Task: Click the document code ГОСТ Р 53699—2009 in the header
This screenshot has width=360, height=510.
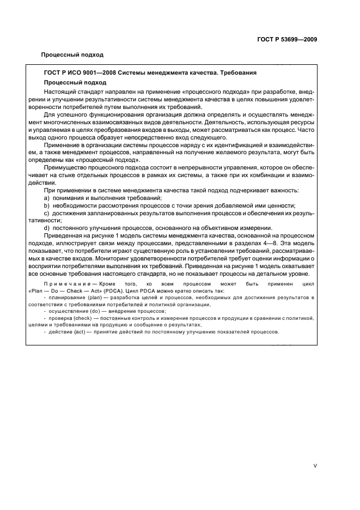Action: click(x=288, y=40)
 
